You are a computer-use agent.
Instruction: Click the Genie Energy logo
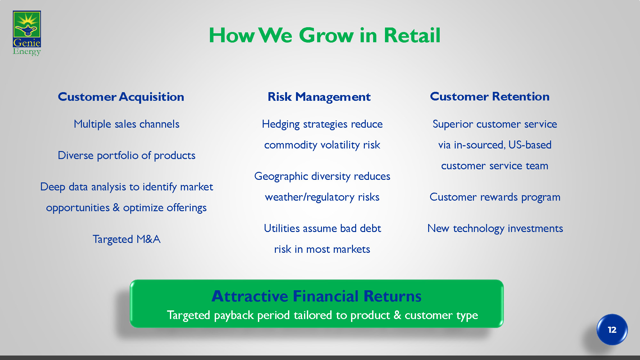pos(27,33)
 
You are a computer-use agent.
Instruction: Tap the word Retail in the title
pos(412,35)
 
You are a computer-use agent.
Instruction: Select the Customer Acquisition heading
pos(121,97)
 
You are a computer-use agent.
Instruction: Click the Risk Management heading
pos(319,97)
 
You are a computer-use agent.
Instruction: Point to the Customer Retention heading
pos(490,96)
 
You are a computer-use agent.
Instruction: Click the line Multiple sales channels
pos(126,124)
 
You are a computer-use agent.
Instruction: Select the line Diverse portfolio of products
pos(126,155)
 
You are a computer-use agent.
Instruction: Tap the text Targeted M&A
pos(126,239)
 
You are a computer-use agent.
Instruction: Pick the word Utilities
pos(282,228)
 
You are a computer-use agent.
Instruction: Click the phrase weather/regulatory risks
pos(322,197)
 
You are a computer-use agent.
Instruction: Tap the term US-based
pos(530,145)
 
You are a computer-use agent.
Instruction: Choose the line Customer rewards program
pos(495,197)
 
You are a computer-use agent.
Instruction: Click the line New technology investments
pos(495,228)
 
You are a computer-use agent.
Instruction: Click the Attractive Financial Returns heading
pos(316,296)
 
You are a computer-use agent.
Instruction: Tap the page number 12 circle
pos(612,330)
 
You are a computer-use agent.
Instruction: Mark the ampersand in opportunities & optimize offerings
pos(116,207)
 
